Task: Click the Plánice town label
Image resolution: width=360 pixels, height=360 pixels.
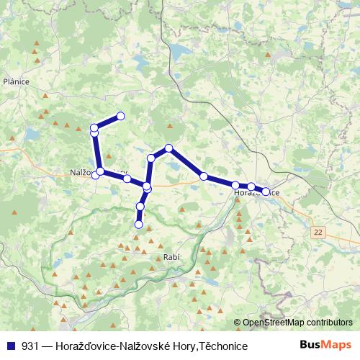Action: (x=16, y=81)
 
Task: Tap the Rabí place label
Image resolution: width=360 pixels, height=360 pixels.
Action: (x=171, y=258)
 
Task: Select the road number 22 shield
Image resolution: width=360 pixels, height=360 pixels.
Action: (x=318, y=232)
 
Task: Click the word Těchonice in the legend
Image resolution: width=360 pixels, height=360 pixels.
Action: (x=222, y=346)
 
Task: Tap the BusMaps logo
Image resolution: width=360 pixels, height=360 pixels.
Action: (x=325, y=346)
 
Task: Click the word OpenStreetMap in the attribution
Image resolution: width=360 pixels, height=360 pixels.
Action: (x=274, y=323)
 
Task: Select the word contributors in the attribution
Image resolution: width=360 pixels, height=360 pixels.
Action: (x=329, y=323)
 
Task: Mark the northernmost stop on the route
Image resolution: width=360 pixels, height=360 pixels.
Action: (x=121, y=116)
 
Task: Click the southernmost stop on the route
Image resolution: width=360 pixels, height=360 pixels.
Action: (x=139, y=225)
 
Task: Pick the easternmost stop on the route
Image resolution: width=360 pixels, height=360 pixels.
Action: (x=266, y=192)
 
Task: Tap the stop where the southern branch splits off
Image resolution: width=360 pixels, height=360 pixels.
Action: (x=147, y=187)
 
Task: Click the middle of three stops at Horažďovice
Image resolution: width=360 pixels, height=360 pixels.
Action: (x=251, y=187)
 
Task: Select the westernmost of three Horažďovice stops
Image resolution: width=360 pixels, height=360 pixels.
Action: (x=235, y=186)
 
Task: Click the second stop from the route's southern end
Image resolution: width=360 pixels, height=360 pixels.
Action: (x=140, y=207)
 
